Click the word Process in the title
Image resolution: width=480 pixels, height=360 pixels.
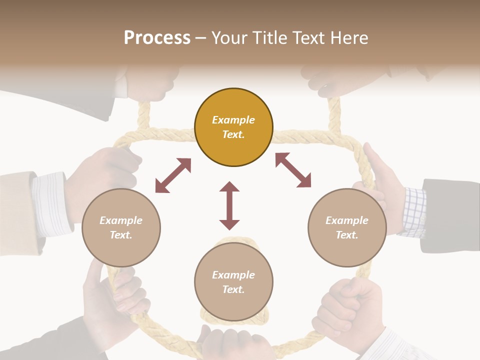click(x=157, y=38)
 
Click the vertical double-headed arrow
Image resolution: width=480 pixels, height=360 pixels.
click(x=229, y=205)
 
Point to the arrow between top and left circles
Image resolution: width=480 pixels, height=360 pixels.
click(x=173, y=175)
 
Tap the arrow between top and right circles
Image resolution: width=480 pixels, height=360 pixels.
click(x=293, y=170)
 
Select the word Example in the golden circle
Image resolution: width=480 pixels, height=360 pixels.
click(x=233, y=120)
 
